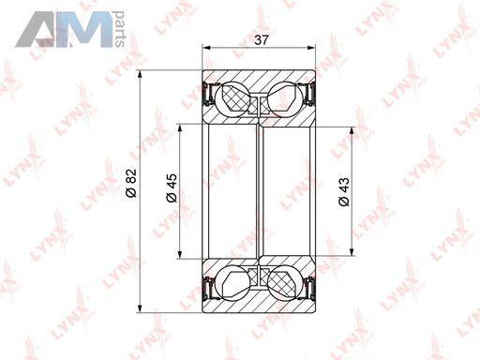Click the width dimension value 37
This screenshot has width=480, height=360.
click(262, 40)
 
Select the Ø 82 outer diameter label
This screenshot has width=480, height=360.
click(131, 183)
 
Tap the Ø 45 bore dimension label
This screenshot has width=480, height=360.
click(172, 188)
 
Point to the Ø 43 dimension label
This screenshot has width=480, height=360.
click(343, 192)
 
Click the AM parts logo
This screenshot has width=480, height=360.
click(70, 29)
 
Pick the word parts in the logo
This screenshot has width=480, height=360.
click(120, 29)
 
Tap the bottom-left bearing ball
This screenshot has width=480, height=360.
click(232, 283)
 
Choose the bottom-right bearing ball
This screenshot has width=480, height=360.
click(285, 283)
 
